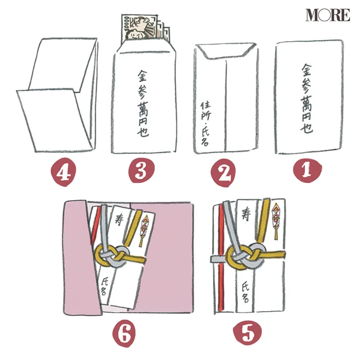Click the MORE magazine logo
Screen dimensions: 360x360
tap(327, 15)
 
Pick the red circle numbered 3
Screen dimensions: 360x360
tap(141, 170)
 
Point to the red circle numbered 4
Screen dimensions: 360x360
tap(64, 172)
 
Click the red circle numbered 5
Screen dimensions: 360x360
tap(247, 332)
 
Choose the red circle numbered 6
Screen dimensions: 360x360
tap(124, 334)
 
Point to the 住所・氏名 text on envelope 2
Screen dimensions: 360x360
tap(206, 124)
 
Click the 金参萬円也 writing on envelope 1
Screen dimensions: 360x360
tap(307, 98)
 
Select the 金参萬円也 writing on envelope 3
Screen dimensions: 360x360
tap(143, 103)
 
